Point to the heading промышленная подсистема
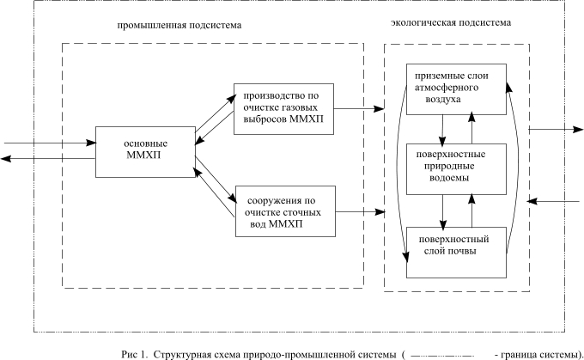179,25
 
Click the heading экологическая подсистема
451,22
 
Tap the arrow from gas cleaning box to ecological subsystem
359,109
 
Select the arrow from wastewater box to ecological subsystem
360,212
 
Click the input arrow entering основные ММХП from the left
50,143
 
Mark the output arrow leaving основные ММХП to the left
48,159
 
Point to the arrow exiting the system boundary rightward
556,130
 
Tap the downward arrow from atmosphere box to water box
442,130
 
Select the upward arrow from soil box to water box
471,211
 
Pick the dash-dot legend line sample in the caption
442,355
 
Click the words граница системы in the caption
539,354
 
